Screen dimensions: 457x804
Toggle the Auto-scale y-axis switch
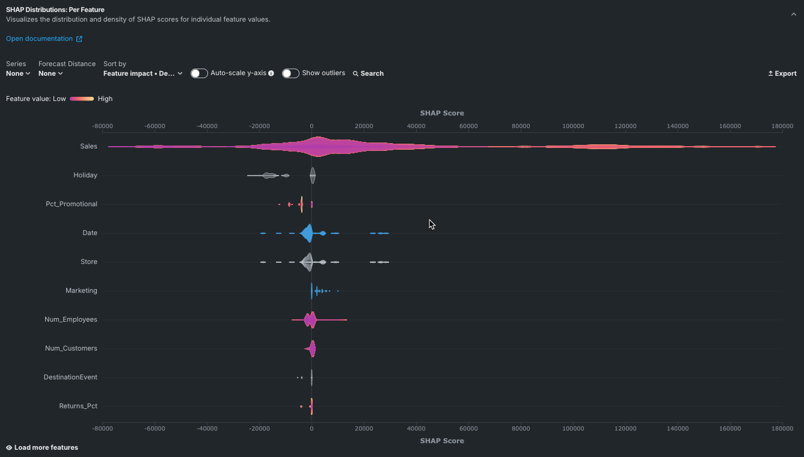click(x=199, y=73)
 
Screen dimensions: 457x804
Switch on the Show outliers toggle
click(x=290, y=73)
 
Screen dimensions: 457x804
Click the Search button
click(x=368, y=73)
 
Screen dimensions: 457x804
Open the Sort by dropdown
click(x=143, y=73)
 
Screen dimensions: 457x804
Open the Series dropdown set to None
click(x=18, y=73)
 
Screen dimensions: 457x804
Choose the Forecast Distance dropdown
click(x=51, y=73)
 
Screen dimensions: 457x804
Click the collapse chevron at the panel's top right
click(x=793, y=14)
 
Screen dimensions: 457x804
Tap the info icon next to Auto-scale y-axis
click(x=271, y=73)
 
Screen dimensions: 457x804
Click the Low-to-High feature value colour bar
click(x=82, y=99)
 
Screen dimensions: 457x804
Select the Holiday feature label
click(x=85, y=175)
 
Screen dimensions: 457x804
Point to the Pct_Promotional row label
click(x=71, y=204)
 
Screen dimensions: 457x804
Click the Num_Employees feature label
click(x=70, y=319)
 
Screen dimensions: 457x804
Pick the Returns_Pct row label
click(x=78, y=406)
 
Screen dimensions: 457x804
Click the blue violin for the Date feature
click(x=307, y=233)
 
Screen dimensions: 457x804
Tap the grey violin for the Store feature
click(x=307, y=262)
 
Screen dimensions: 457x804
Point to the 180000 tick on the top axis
click(x=782, y=126)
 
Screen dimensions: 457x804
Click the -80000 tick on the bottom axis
click(x=103, y=428)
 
